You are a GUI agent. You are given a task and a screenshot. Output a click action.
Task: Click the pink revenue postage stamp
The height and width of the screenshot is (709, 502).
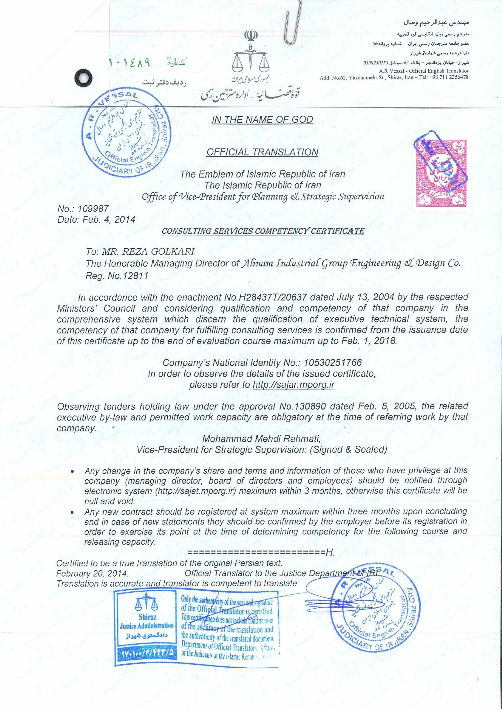[x=441, y=173]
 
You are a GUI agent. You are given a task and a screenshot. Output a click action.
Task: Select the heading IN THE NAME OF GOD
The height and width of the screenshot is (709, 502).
[x=262, y=120]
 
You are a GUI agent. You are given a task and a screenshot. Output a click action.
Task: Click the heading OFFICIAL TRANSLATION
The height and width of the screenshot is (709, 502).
[x=262, y=152]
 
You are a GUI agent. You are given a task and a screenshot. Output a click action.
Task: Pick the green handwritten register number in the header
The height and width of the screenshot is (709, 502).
[x=129, y=63]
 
